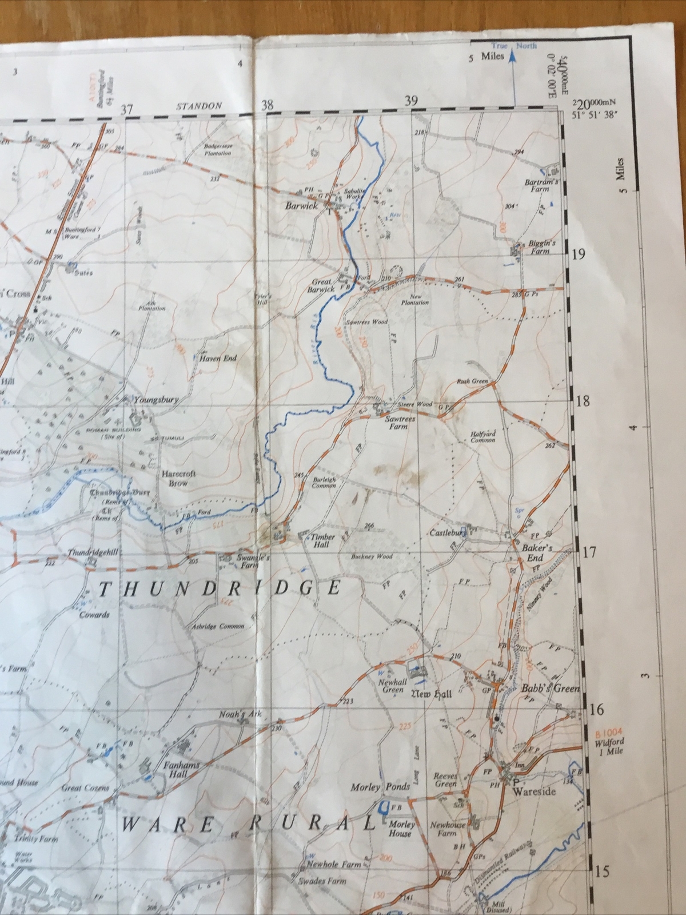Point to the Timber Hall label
322,541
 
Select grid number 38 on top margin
267,105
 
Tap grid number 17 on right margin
589,552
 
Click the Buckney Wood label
372,556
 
